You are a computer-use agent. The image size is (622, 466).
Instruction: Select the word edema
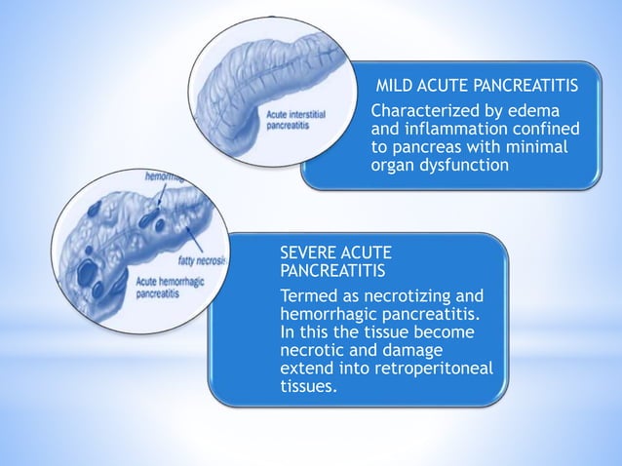point(549,110)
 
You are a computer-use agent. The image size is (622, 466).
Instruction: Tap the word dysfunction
point(463,166)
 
